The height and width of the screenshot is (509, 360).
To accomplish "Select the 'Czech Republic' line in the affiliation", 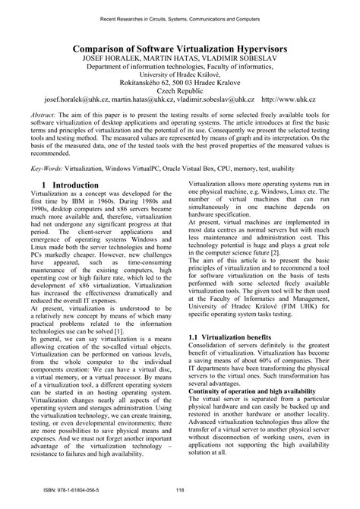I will [x=180, y=89].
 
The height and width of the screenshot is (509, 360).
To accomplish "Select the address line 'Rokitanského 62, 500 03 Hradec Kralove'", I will [x=180, y=78].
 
